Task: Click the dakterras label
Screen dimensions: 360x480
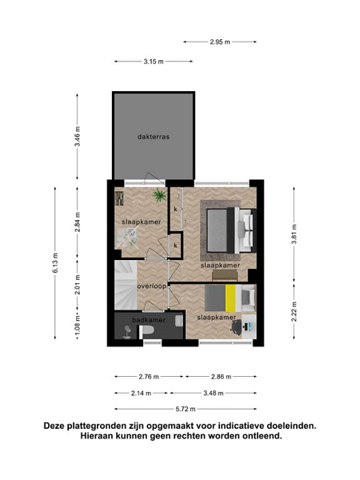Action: coord(154,137)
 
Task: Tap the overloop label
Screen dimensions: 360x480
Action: coord(152,286)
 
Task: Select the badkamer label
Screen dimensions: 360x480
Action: coord(149,320)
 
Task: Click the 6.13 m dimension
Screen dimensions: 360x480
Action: coord(55,262)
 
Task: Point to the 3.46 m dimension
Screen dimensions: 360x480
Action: coord(78,136)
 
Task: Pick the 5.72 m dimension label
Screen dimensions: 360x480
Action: coord(186,409)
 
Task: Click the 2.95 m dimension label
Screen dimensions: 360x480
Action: coord(220,42)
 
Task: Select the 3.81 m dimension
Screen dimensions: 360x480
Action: coord(294,234)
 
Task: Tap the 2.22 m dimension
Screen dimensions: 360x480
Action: coord(294,311)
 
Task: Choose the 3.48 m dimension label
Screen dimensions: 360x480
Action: coord(214,393)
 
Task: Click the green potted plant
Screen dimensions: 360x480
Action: coord(159,195)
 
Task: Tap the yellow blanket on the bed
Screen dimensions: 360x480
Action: coord(230,298)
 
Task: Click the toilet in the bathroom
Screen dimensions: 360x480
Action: coord(147,330)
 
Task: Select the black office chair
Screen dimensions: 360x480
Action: coord(236,327)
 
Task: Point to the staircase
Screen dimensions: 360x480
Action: coord(126,285)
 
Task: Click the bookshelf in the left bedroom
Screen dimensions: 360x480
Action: coord(119,198)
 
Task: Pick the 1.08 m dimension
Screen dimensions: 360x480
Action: coord(78,327)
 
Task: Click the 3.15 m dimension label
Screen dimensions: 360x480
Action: coord(154,62)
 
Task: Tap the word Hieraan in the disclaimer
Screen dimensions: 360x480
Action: coord(97,436)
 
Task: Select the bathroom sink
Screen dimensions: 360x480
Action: coord(179,321)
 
